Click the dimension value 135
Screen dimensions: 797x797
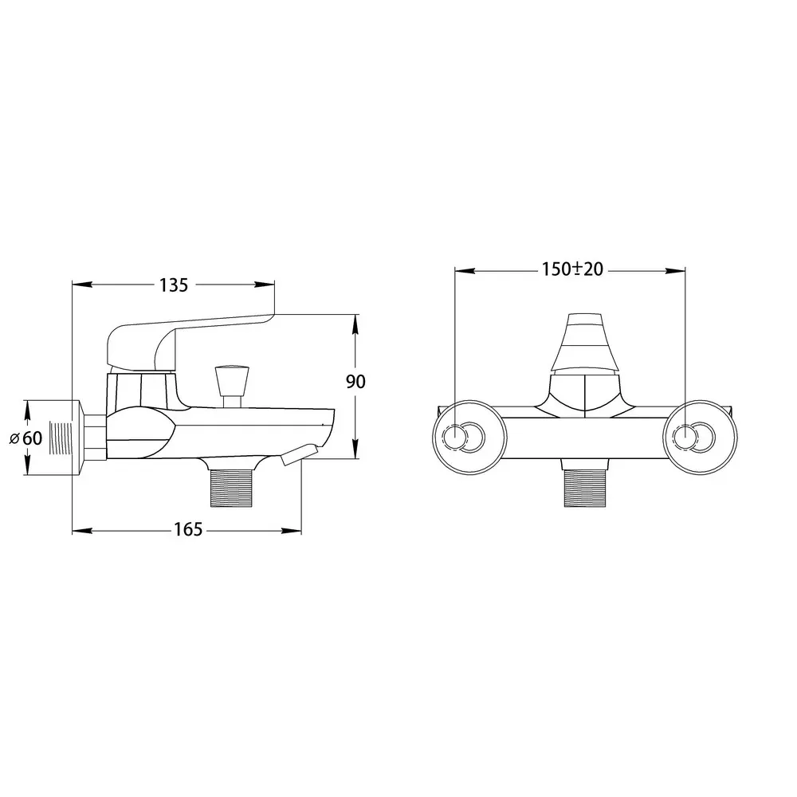point(174,285)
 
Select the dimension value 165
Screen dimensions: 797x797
point(189,530)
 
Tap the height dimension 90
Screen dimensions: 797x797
point(355,381)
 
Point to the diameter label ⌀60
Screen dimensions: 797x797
point(26,438)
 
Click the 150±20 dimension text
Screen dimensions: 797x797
point(572,269)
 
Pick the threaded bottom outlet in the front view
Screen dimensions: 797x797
point(585,489)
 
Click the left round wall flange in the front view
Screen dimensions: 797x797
point(469,438)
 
